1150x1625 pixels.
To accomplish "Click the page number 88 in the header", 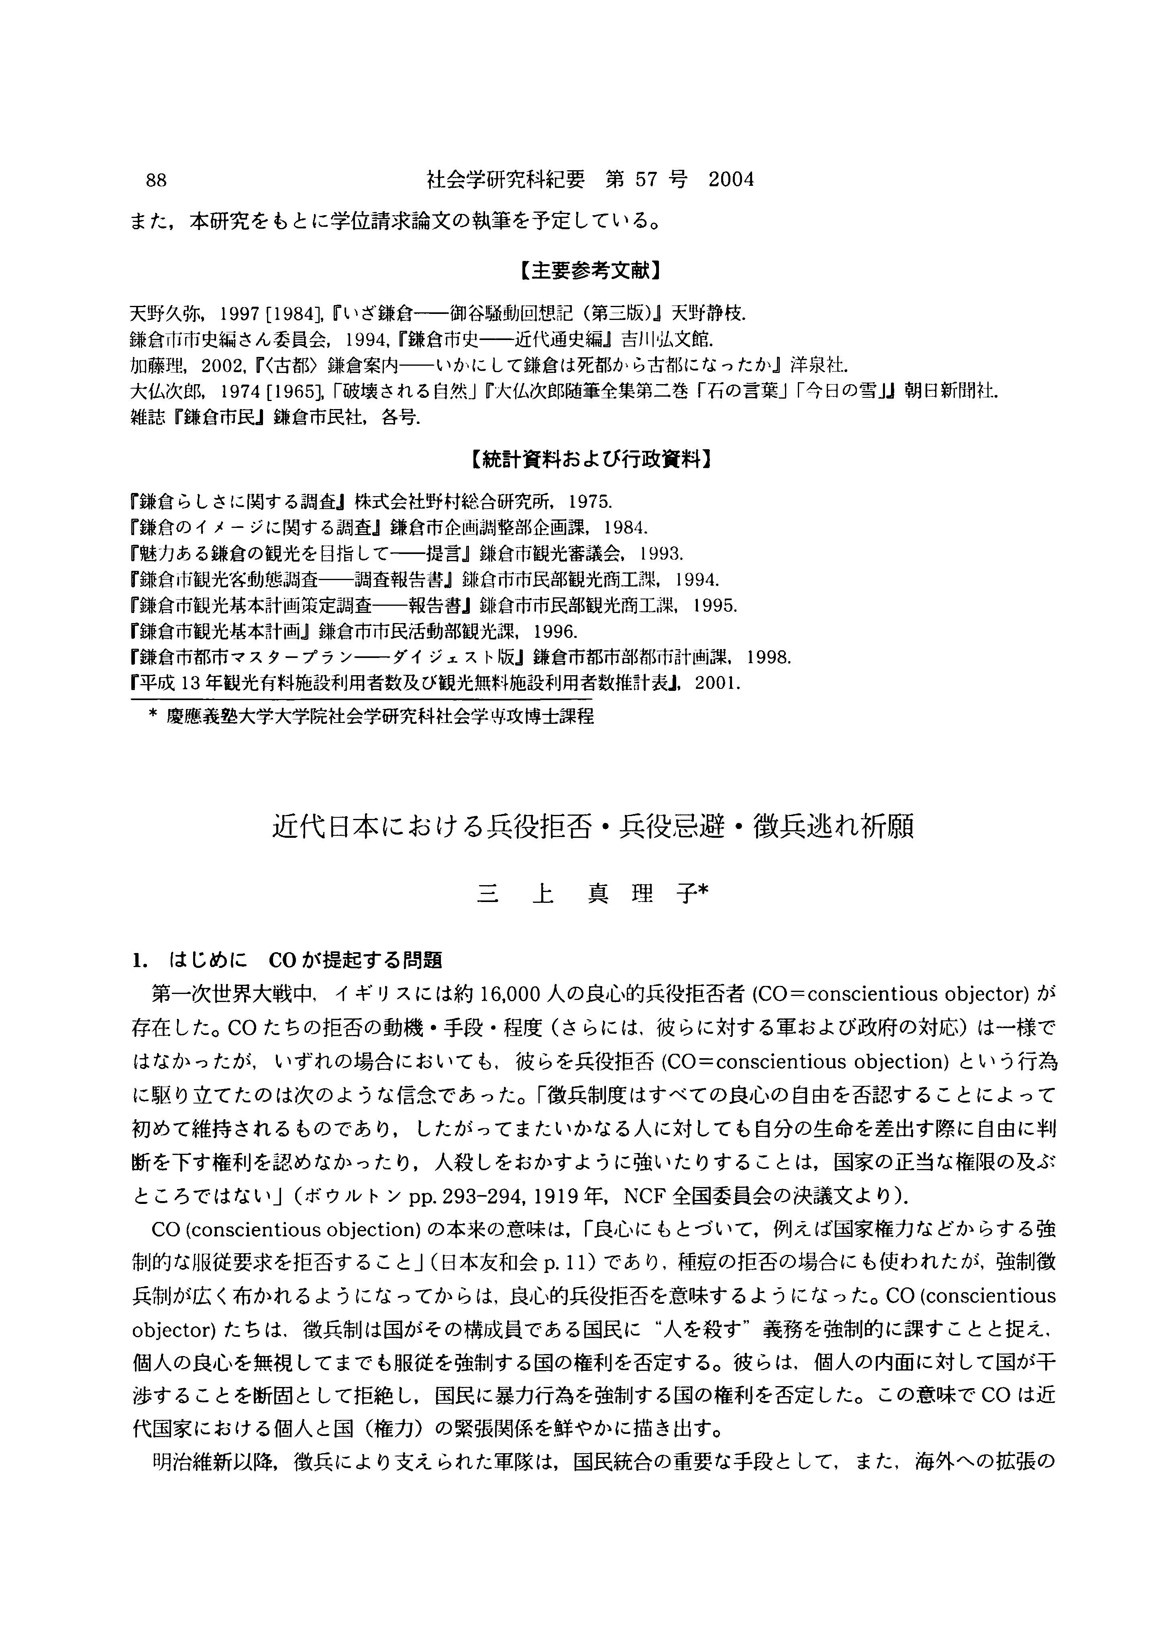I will click(x=156, y=181).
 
